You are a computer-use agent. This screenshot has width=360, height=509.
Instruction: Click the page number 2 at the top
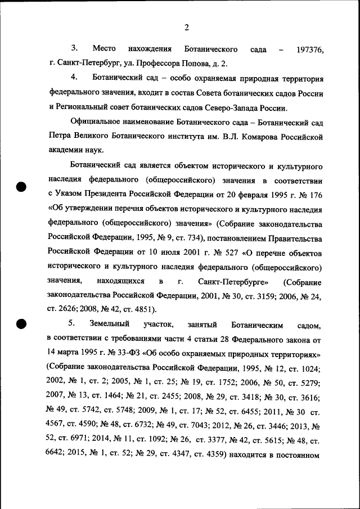pyautogui.click(x=186, y=28)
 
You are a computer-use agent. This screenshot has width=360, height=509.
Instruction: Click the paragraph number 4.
pyautogui.click(x=73, y=77)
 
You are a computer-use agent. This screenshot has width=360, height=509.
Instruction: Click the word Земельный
pyautogui.click(x=110, y=325)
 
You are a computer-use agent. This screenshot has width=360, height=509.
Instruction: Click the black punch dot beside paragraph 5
pyautogui.click(x=21, y=323)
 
